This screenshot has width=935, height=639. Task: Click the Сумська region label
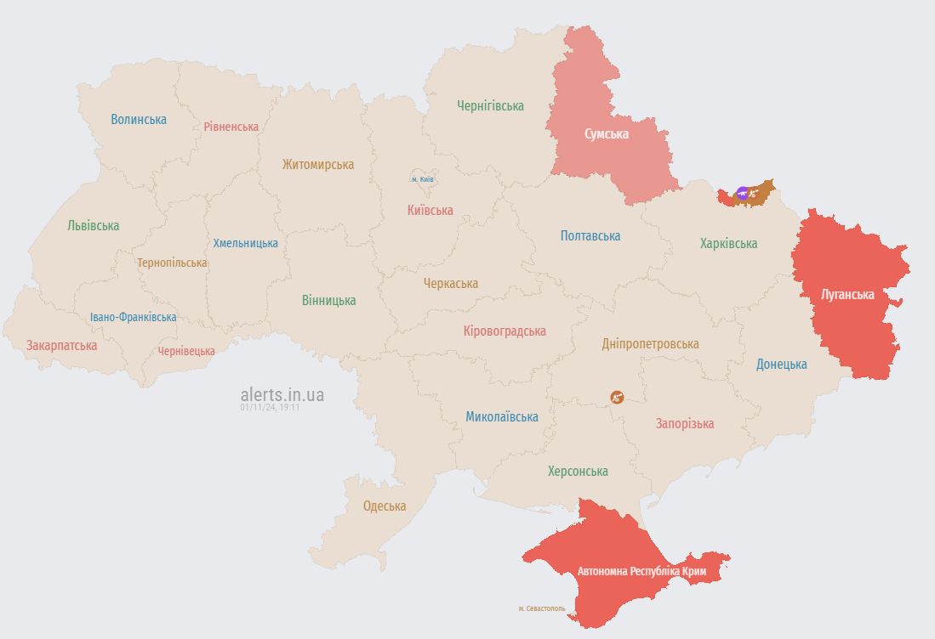607,134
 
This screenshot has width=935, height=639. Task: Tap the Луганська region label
847,295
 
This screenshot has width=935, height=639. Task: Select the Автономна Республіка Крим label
641,571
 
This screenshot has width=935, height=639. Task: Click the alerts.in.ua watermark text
282,394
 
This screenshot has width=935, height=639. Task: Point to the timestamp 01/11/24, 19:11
270,408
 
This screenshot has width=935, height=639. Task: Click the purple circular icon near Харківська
743,194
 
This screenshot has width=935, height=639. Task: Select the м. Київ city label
423,179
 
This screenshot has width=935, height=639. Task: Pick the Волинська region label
139,119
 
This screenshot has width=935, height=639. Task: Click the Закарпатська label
61,346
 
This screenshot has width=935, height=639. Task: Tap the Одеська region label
385,506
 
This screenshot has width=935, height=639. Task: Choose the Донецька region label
782,364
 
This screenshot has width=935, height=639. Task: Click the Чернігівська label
490,106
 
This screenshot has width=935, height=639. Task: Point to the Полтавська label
590,236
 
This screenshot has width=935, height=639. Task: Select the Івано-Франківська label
134,317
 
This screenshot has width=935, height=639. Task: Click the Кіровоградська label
505,331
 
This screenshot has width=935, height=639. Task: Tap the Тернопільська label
172,263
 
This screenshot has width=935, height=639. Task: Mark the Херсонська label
578,471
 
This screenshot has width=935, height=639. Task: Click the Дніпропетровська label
650,344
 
